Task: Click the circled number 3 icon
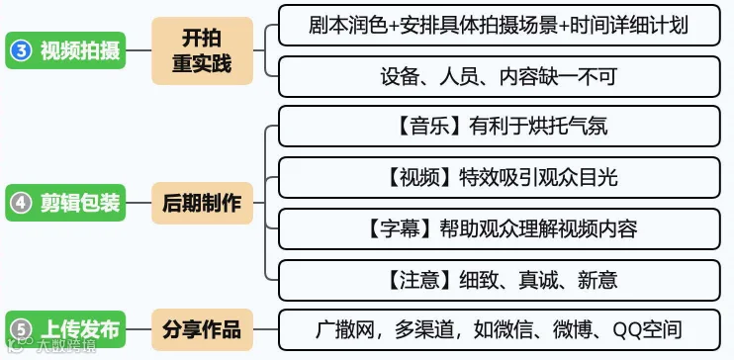click(x=21, y=50)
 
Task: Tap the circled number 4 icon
click(x=21, y=203)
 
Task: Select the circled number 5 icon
click(x=21, y=329)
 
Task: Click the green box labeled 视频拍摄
click(x=65, y=50)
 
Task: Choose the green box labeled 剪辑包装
click(x=65, y=203)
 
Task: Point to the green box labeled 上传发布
click(x=65, y=329)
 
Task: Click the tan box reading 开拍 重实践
click(x=202, y=50)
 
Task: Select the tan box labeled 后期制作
click(x=202, y=203)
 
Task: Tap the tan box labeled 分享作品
click(x=202, y=329)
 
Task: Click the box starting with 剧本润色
click(x=499, y=26)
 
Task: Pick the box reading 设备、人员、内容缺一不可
click(x=499, y=77)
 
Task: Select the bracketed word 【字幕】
click(x=398, y=229)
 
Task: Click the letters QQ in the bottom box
click(x=628, y=330)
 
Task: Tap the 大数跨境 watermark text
click(x=66, y=346)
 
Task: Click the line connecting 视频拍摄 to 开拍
click(x=138, y=50)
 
